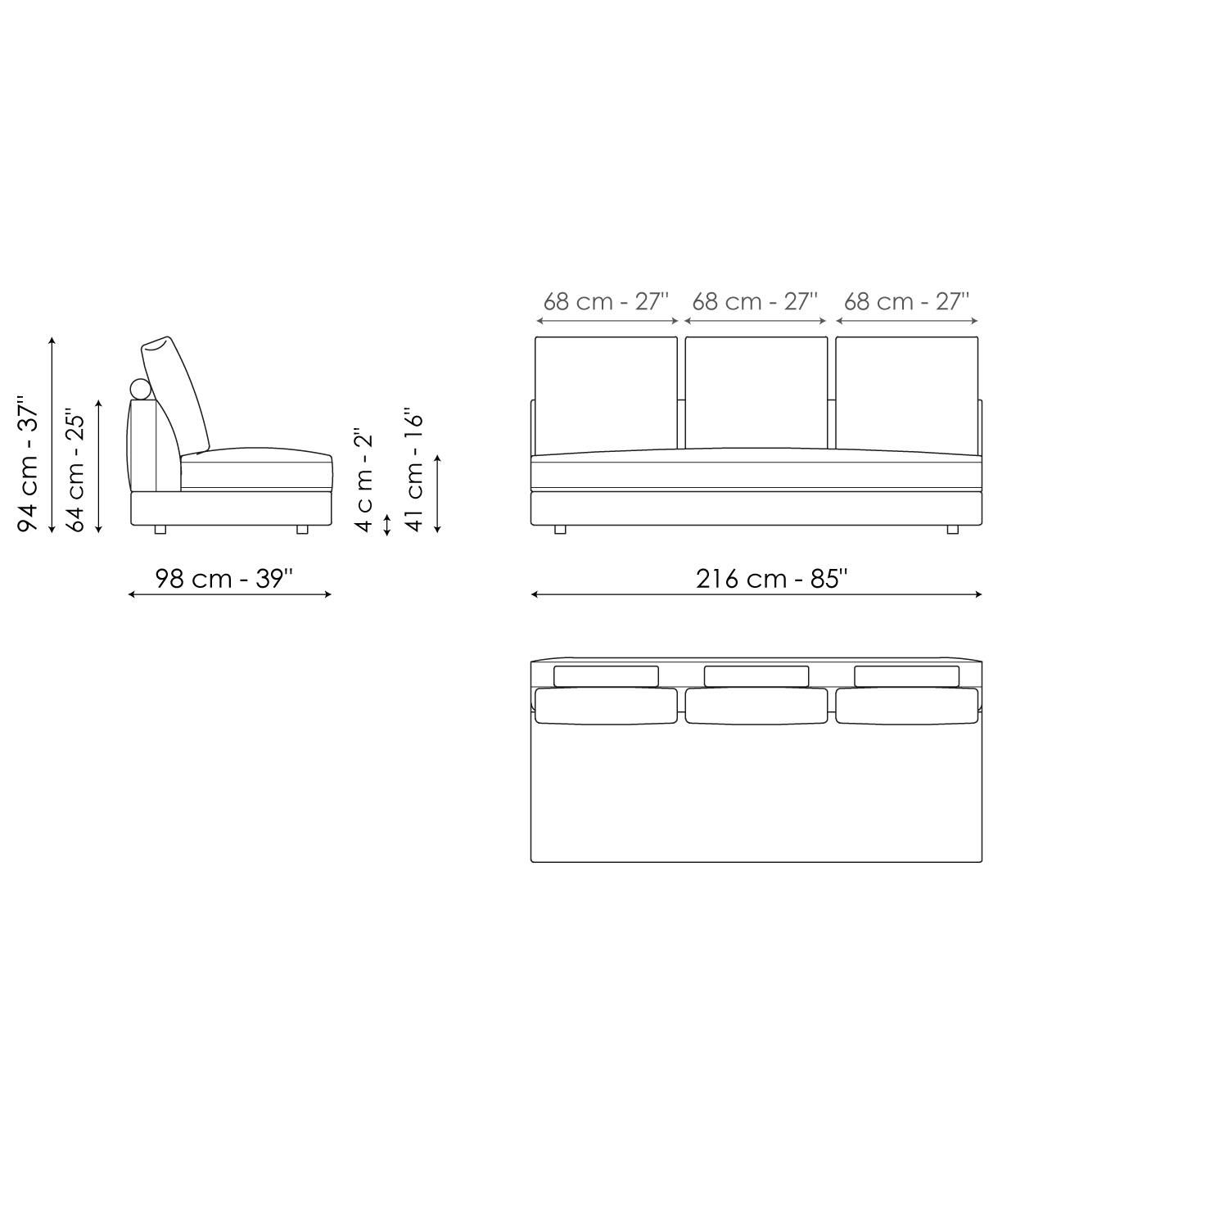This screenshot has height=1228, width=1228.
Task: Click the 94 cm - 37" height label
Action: [29, 465]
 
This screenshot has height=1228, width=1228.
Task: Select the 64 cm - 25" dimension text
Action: [75, 471]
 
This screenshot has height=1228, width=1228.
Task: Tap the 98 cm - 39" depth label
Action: [224, 579]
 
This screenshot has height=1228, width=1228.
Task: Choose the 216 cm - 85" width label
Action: [771, 579]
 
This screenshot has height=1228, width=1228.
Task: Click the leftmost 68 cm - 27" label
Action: [606, 301]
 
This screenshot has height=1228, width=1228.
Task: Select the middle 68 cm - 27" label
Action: [755, 301]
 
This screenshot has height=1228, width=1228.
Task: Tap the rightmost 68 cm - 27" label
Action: [906, 301]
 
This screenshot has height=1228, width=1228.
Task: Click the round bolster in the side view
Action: [141, 390]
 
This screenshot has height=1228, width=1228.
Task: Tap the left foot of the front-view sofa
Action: [560, 530]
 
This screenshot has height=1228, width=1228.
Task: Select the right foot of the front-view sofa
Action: [952, 530]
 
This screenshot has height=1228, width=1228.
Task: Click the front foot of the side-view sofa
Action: [302, 530]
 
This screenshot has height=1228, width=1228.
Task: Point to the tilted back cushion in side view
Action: [175, 393]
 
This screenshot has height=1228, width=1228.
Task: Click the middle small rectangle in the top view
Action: [756, 676]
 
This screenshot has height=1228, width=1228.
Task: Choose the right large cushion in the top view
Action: [906, 706]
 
